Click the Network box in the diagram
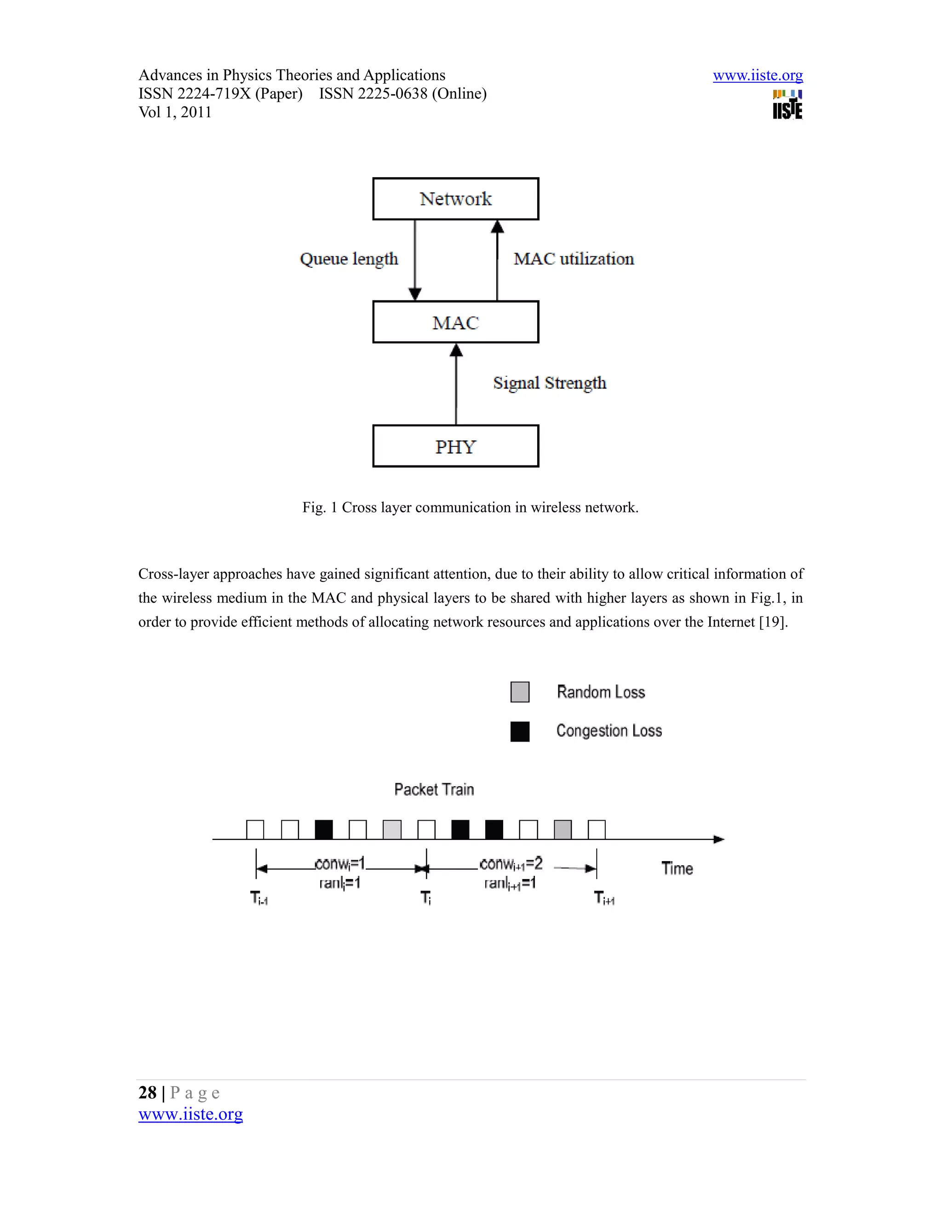(455, 199)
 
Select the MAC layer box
(455, 322)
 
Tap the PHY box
(455, 446)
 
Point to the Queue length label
(349, 259)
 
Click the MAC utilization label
(574, 259)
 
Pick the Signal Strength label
(550, 383)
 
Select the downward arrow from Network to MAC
(414, 260)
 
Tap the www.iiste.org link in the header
(757, 75)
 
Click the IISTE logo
(787, 105)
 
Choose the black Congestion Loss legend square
(520, 731)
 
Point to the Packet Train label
(434, 789)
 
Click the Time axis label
(677, 868)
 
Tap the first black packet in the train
(324, 829)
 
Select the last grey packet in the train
(563, 829)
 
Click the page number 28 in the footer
(147, 1092)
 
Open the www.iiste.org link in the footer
(190, 1114)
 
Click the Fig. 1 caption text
(470, 507)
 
